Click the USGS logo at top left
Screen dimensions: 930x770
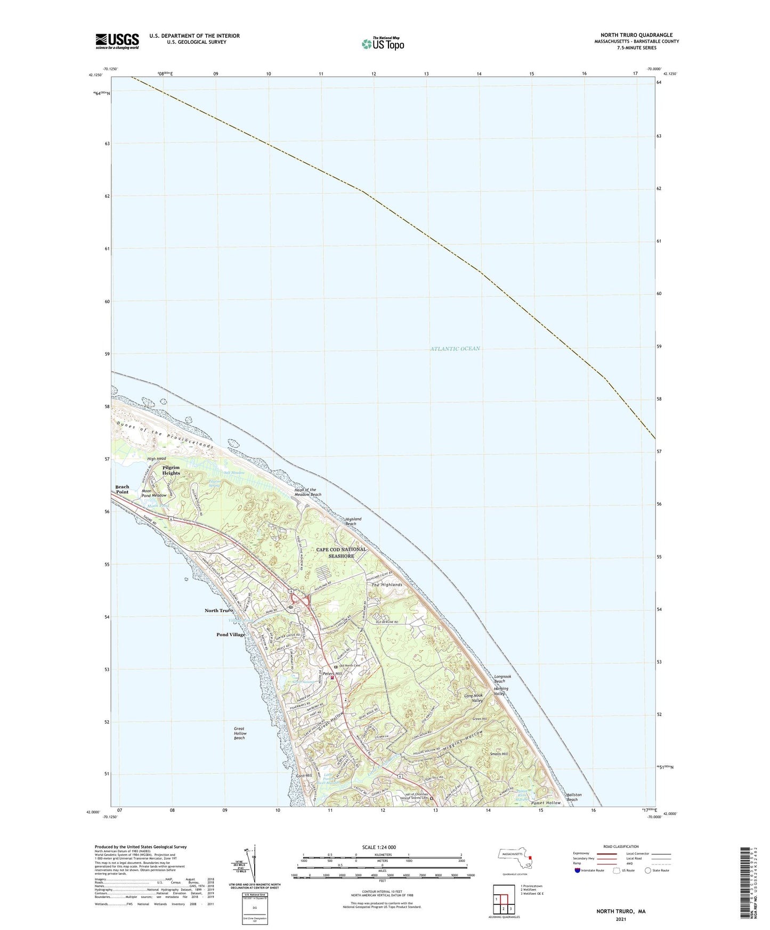click(117, 41)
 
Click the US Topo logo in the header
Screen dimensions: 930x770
click(383, 44)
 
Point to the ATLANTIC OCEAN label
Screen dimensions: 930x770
click(455, 349)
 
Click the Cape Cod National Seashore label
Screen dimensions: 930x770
click(341, 552)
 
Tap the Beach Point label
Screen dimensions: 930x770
click(122, 490)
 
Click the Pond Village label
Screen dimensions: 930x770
click(231, 635)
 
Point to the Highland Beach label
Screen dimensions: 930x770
click(353, 521)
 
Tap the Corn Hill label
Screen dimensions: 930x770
click(304, 776)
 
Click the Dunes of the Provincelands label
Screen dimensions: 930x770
click(164, 433)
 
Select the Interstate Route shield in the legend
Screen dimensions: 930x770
click(578, 871)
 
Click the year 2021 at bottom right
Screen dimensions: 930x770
click(620, 920)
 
